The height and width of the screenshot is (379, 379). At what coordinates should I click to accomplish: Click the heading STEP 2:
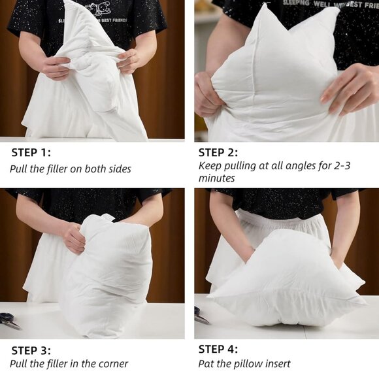pos(218,153)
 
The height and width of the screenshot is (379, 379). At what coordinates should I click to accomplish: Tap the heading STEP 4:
pos(218,349)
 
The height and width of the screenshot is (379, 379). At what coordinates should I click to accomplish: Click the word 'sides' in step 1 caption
pos(118,169)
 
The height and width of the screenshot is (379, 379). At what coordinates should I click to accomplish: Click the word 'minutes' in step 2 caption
pos(217,178)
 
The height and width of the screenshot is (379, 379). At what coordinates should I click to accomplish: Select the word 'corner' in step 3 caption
pos(112,363)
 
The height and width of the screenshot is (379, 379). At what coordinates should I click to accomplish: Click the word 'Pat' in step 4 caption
pos(206,363)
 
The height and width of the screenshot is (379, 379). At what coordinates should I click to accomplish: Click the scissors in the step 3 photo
pos(10,320)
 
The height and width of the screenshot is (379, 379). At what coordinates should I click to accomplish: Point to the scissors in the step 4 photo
pos(201,316)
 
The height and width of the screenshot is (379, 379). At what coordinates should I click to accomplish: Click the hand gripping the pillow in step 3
pos(73,237)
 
